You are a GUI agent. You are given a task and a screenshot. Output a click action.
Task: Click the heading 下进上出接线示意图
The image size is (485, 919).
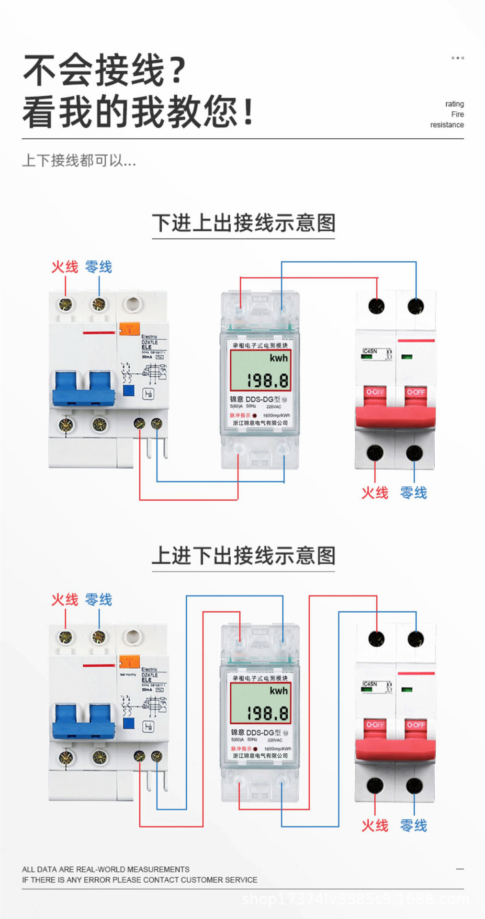(243, 223)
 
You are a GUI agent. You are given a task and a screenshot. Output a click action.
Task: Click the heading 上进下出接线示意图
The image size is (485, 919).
(243, 556)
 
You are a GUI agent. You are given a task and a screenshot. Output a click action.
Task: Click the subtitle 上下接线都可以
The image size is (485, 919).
(79, 160)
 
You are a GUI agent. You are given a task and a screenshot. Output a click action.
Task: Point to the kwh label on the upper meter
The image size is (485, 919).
(278, 358)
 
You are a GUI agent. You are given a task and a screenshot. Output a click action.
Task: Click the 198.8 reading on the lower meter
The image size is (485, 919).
(268, 714)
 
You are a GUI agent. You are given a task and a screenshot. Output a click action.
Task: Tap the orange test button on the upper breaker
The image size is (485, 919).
(129, 329)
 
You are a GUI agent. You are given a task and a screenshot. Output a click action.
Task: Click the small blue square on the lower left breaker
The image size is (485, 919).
(129, 723)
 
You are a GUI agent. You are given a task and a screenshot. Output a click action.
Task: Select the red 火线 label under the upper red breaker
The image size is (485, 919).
(374, 493)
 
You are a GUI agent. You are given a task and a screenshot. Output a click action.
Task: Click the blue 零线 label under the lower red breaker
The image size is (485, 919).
(413, 825)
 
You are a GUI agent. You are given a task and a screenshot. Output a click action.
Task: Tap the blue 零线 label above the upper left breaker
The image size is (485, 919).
(99, 267)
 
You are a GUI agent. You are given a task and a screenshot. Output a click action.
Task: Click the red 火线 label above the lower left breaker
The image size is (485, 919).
(65, 599)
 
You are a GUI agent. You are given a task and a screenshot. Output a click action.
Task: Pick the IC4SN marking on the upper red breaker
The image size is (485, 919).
(370, 351)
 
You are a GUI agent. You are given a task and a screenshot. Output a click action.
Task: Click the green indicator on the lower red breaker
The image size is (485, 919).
(406, 690)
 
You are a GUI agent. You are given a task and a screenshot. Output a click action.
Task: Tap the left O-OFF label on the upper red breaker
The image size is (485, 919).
(375, 392)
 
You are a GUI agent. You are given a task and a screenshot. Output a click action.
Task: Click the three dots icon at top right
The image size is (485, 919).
(457, 58)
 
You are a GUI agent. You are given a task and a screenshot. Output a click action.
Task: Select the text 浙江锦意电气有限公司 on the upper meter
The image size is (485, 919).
(260, 423)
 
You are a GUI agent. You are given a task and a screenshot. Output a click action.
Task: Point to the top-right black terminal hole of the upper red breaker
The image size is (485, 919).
(415, 306)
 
